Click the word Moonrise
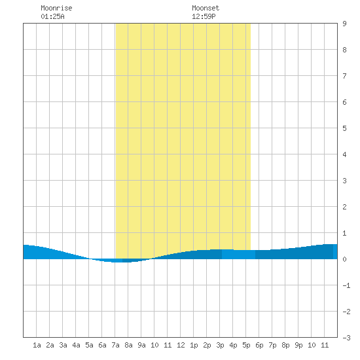(56, 8)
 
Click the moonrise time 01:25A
(52, 16)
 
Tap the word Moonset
(206, 8)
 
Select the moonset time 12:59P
(204, 16)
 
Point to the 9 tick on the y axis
(344, 24)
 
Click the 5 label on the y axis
(344, 128)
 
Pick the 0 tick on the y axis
(344, 259)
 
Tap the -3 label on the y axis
(346, 338)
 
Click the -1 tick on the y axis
(346, 285)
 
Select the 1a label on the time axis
(37, 345)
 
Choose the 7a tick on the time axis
(115, 345)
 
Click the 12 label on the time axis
(181, 345)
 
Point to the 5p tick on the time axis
(246, 345)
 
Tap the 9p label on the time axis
(298, 345)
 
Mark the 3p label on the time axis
(220, 345)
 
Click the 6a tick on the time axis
(102, 345)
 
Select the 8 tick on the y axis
(344, 50)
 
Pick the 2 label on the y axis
(344, 207)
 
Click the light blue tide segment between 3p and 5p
(238, 255)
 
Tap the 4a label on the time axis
(76, 345)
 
